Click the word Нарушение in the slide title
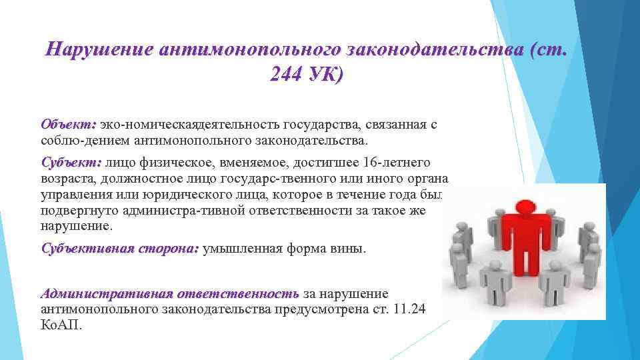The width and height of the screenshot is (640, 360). pyautogui.click(x=97, y=50)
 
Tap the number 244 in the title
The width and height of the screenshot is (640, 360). pyautogui.click(x=285, y=75)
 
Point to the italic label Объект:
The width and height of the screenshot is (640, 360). pyautogui.click(x=69, y=125)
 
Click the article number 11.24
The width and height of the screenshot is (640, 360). pyautogui.click(x=411, y=309)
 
